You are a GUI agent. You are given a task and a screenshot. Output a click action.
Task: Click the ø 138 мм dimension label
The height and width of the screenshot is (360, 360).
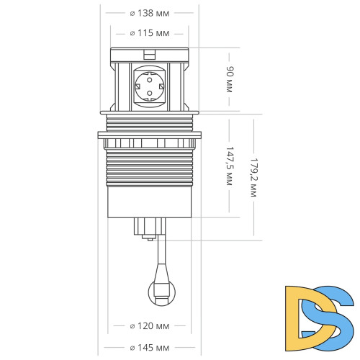[150, 13]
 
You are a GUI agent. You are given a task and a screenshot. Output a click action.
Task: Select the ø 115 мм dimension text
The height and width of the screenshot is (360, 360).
[150, 33]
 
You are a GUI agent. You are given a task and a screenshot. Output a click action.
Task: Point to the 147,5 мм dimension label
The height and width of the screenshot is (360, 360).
[230, 167]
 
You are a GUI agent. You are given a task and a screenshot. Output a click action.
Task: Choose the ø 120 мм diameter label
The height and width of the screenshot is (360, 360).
[150, 326]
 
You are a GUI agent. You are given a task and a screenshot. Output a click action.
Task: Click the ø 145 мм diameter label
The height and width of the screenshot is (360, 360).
[150, 347]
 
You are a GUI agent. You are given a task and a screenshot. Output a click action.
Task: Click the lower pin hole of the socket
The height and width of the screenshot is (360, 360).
[149, 94]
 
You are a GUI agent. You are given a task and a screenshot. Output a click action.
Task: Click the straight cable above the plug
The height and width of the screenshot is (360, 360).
[160, 256]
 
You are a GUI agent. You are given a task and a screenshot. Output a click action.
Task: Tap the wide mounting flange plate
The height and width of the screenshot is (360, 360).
[149, 134]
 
